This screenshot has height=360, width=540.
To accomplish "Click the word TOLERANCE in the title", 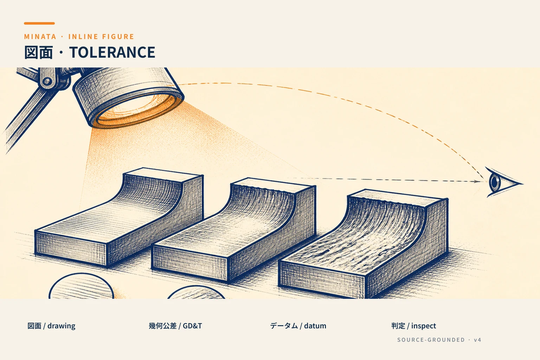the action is click(x=112, y=52).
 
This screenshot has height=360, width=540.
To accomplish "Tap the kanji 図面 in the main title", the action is click(x=38, y=52).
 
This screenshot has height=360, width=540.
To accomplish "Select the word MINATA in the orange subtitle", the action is click(x=40, y=37).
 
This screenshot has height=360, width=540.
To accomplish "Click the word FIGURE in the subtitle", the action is click(x=118, y=37).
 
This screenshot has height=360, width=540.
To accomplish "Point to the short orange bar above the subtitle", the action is click(x=39, y=24).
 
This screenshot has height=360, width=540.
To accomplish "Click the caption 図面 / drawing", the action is click(x=51, y=326).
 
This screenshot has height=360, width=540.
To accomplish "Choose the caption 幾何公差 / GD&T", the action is click(x=175, y=326).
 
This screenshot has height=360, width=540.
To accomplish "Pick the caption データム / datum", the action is click(x=298, y=326).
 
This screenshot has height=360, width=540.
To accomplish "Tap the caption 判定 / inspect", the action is click(x=414, y=326).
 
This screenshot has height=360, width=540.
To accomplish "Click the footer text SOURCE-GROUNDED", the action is click(x=431, y=340).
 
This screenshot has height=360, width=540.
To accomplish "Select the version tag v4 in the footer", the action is click(x=477, y=340).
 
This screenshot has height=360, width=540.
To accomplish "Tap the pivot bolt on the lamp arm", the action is click(x=47, y=81).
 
